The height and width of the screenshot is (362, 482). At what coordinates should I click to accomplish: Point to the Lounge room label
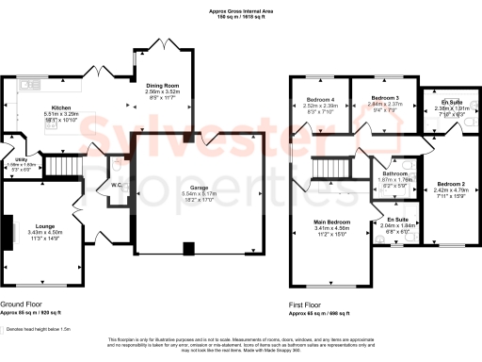tap(44, 227)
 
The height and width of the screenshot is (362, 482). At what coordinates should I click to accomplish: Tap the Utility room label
tap(21, 160)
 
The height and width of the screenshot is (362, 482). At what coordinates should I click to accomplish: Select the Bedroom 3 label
tap(384, 98)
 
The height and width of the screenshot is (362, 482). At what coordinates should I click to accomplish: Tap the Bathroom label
tap(394, 173)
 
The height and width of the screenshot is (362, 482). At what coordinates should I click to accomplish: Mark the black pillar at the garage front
tap(188, 249)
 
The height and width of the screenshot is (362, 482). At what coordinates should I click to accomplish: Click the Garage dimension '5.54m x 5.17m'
tap(199, 194)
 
